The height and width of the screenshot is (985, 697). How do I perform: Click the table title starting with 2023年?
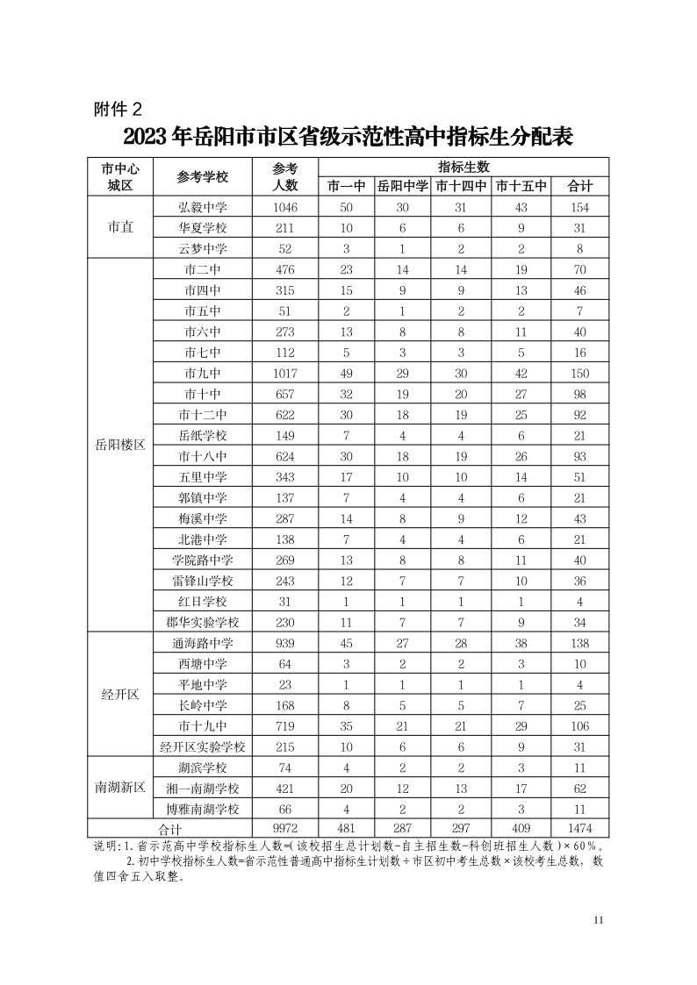click(348, 138)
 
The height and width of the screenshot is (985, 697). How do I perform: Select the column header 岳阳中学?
click(403, 186)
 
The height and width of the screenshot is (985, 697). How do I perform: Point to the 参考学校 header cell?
click(202, 176)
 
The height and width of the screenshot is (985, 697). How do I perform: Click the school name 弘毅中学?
click(202, 207)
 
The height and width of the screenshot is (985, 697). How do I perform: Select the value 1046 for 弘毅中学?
click(285, 207)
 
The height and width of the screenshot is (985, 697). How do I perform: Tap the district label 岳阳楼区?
click(119, 445)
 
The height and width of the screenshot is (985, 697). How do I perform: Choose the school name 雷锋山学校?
click(202, 581)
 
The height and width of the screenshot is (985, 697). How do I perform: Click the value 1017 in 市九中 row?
click(285, 373)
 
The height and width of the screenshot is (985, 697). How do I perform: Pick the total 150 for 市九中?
click(579, 373)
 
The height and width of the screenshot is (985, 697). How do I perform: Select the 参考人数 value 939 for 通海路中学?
click(285, 643)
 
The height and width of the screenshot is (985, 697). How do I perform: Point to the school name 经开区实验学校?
click(202, 746)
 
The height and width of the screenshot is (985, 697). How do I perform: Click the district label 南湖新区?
click(119, 788)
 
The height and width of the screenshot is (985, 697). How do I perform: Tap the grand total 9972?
click(285, 829)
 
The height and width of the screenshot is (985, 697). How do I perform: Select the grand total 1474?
click(579, 829)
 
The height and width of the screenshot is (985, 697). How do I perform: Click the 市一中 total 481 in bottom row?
click(346, 829)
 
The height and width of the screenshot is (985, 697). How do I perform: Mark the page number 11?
click(600, 920)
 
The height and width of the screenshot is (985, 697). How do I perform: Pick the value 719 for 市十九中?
click(285, 725)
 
